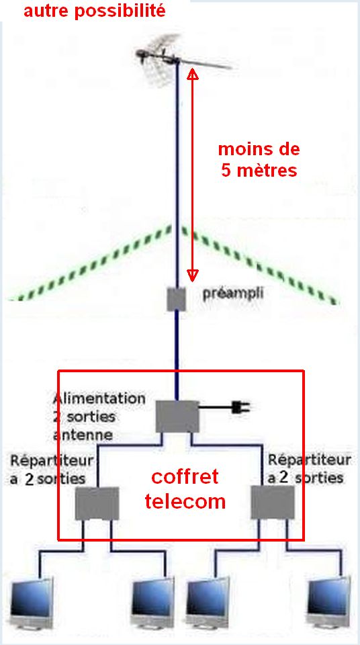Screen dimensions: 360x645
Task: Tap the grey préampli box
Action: pos(177,299)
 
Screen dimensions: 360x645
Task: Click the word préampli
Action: pos(233,294)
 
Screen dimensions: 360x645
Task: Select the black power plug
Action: pos(239,407)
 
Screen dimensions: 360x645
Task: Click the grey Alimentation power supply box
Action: pos(177,417)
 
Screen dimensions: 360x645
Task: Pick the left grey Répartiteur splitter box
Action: pos(97,503)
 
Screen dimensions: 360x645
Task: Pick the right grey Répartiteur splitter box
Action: pos(273,502)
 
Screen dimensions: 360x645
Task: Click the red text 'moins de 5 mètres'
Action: pos(259,160)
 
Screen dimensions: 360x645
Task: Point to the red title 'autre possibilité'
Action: pos(95,11)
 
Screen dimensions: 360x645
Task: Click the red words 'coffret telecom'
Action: pos(185,489)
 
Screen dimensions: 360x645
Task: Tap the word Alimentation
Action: pos(99,398)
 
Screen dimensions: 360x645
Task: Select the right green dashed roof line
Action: pos(261,265)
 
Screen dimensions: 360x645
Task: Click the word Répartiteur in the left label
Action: pos(52,461)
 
